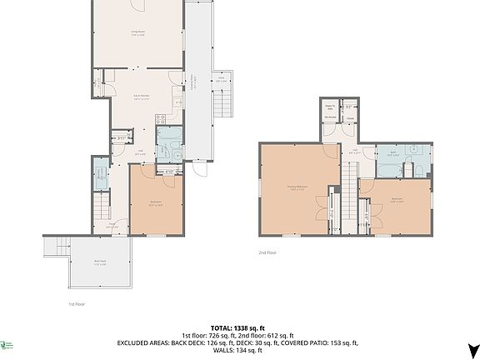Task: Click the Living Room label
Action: (x=137, y=33)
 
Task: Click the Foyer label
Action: (x=111, y=224)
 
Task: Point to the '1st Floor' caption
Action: (x=77, y=304)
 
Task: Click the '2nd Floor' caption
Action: (x=267, y=251)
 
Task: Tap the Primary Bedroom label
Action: (x=295, y=188)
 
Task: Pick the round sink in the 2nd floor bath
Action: (x=409, y=153)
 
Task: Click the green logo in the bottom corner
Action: (x=7, y=343)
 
